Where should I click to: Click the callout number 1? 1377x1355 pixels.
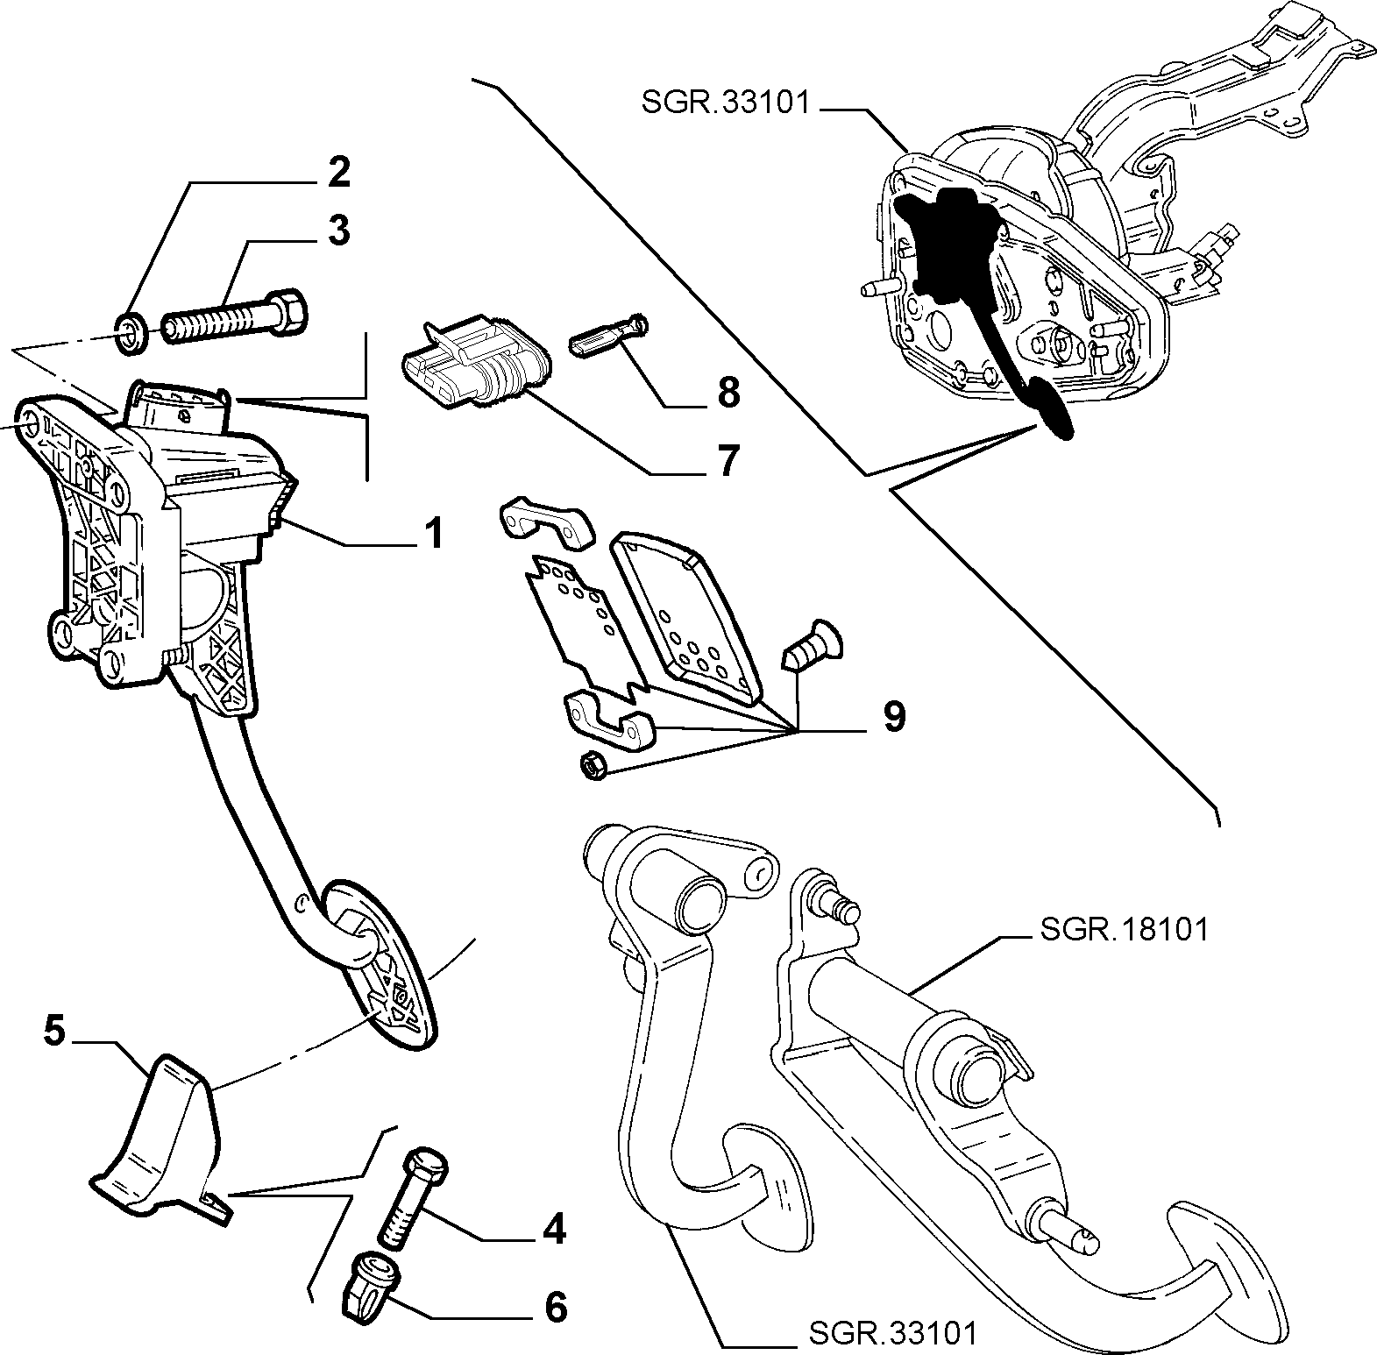click(x=432, y=534)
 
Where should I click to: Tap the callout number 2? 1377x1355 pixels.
click(x=338, y=173)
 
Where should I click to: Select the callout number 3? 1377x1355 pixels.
click(x=338, y=231)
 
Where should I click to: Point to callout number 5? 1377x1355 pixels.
click(x=54, y=1032)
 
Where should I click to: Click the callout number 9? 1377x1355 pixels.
click(x=893, y=717)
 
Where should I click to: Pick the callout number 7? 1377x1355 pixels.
click(x=728, y=460)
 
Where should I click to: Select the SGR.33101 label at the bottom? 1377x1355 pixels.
click(x=891, y=1335)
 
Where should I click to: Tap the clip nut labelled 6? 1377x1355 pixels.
click(x=369, y=1281)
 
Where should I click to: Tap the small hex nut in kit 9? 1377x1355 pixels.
click(x=592, y=765)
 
